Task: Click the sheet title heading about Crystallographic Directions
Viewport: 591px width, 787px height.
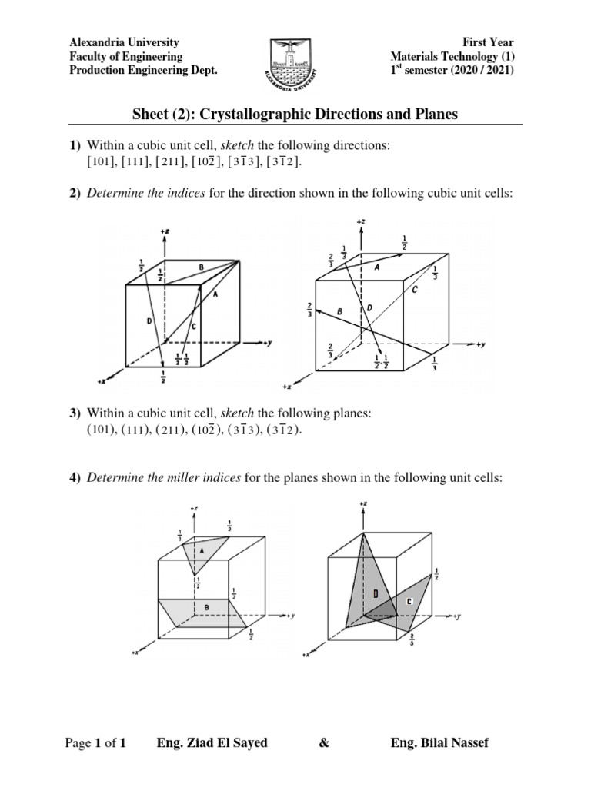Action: coord(295,115)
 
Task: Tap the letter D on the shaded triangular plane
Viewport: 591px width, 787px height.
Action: coord(375,593)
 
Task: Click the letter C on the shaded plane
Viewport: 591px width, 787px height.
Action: coord(409,601)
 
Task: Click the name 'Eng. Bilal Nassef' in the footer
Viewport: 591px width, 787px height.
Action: coord(439,743)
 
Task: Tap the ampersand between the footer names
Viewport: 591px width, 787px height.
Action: coord(321,743)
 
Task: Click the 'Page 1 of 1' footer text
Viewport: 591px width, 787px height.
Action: coord(95,743)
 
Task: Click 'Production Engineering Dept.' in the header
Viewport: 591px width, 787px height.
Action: coord(144,71)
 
